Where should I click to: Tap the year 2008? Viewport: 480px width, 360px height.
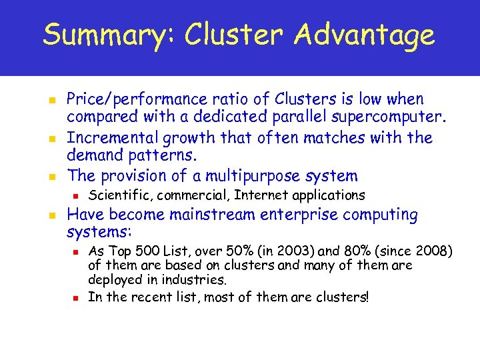pyautogui.click(x=430, y=251)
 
